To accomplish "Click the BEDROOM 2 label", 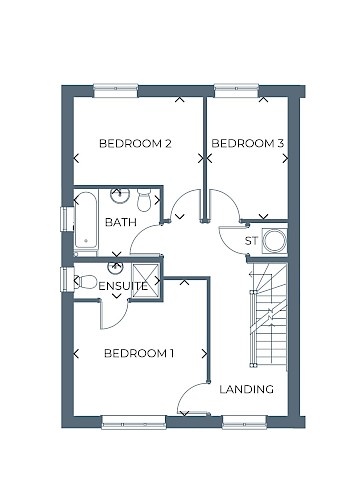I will coord(135,144).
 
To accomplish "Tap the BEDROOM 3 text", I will coord(249,144).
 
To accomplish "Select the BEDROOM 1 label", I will coord(139,353).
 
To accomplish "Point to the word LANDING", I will coord(246,389).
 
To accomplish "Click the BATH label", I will coord(120,222).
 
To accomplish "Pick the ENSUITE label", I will coord(123,287).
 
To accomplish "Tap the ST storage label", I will coord(252,241).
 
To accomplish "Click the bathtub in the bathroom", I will coord(86,220).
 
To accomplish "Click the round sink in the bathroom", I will coord(118,195).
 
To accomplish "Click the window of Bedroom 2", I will coord(115,88).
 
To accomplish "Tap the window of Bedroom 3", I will coord(236,88).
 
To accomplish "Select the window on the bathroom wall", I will coord(65,217).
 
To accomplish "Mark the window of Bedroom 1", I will coord(133,421).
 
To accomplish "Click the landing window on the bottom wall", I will coord(243,421).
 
